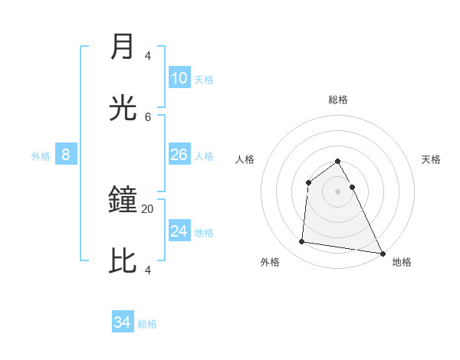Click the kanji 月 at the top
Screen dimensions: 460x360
tap(123, 47)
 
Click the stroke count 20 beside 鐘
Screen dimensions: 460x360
tap(148, 208)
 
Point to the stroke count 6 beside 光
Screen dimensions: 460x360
tap(148, 116)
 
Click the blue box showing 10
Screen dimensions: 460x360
tap(179, 78)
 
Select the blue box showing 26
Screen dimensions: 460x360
tap(179, 155)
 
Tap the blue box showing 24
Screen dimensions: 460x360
tap(179, 231)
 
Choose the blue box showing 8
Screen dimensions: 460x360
tap(66, 155)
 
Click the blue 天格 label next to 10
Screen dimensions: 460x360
tap(204, 80)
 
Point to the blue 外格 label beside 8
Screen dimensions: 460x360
tap(41, 156)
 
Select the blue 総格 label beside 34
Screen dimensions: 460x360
tap(147, 324)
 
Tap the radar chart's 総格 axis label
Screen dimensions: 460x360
tap(338, 100)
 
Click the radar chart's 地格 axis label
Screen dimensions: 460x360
tap(402, 262)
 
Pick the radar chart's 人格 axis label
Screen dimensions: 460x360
tap(245, 159)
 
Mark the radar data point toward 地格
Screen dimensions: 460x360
tap(383, 253)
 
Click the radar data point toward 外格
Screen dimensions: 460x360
tap(302, 242)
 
